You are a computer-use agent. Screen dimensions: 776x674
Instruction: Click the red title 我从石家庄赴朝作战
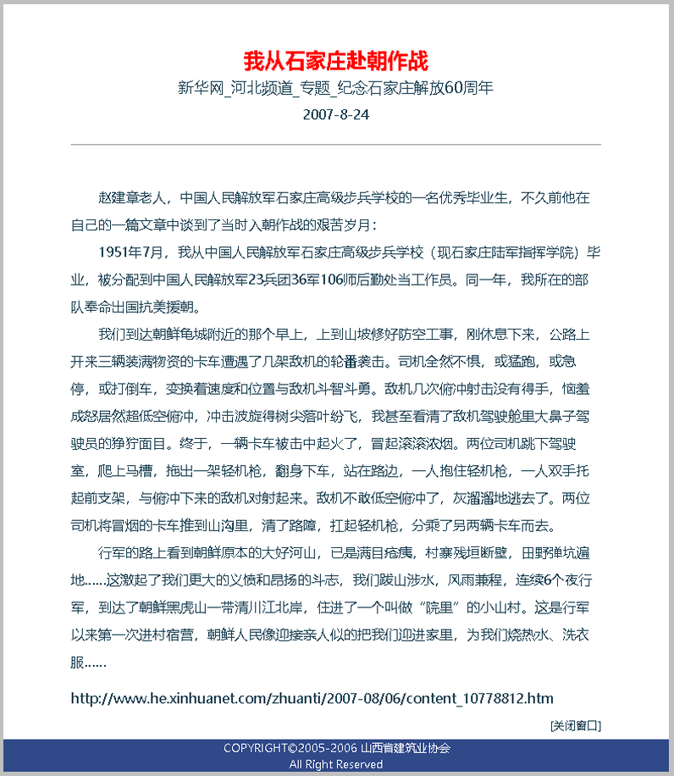tap(336, 61)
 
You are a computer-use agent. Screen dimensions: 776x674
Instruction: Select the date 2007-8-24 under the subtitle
tap(336, 113)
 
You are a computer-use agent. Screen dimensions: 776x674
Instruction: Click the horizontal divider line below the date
tap(336, 145)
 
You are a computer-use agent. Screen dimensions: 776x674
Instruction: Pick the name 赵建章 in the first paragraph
tap(119, 199)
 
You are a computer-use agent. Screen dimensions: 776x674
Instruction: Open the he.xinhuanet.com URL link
tap(312, 699)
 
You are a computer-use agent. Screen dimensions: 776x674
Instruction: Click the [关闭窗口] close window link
tap(575, 725)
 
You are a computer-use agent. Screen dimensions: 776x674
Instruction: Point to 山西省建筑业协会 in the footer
tap(406, 749)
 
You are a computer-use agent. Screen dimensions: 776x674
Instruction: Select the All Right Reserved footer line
tap(336, 764)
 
